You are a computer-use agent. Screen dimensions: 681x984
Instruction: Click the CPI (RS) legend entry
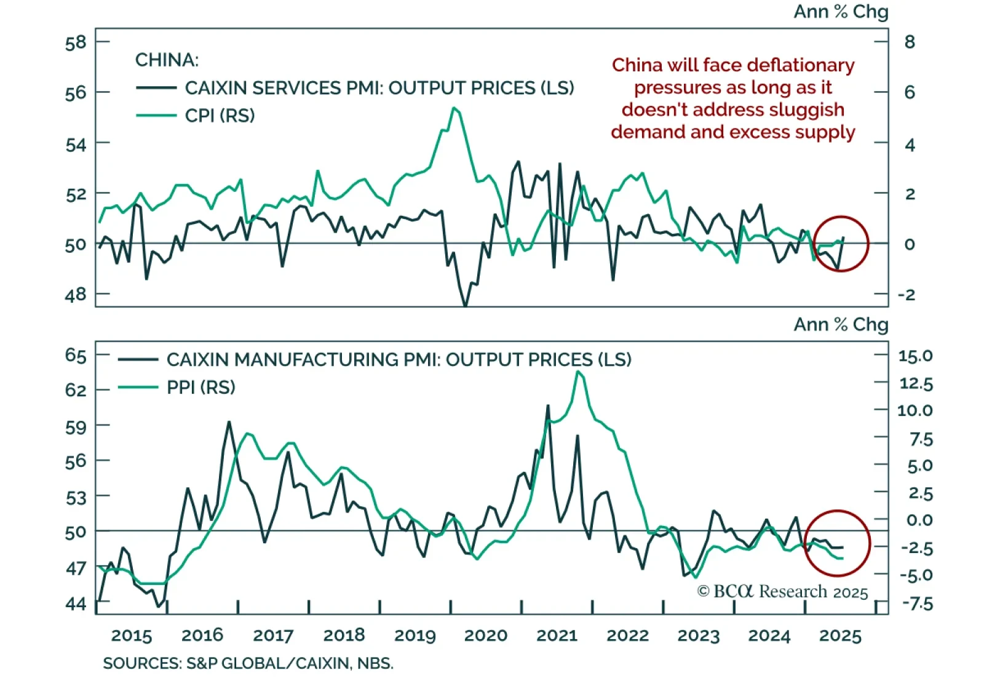click(x=220, y=116)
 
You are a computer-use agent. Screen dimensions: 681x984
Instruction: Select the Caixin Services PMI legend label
click(x=379, y=88)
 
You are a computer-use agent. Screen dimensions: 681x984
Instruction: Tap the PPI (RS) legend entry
click(x=201, y=388)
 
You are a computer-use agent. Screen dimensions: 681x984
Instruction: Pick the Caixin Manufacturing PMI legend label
click(x=399, y=359)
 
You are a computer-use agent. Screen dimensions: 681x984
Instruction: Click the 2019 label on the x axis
click(x=415, y=635)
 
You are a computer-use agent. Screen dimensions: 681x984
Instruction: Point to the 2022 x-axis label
click(x=628, y=635)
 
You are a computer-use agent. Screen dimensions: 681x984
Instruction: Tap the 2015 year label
click(x=132, y=635)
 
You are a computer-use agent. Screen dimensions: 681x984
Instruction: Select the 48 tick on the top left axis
click(x=76, y=295)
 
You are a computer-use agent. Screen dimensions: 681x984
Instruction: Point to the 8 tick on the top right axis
click(x=910, y=42)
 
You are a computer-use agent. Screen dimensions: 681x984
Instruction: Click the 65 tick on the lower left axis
click(x=76, y=356)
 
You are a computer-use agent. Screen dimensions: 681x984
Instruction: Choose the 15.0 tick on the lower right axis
click(x=915, y=356)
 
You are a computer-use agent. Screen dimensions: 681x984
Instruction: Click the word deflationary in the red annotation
click(x=802, y=65)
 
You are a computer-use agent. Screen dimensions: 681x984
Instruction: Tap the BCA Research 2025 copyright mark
click(x=782, y=592)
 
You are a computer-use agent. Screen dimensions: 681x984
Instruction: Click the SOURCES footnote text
click(x=248, y=664)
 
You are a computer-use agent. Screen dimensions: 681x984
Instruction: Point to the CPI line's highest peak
click(x=454, y=108)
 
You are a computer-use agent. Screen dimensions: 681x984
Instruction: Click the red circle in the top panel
click(x=840, y=244)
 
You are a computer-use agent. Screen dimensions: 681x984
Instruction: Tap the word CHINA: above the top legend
click(x=167, y=60)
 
